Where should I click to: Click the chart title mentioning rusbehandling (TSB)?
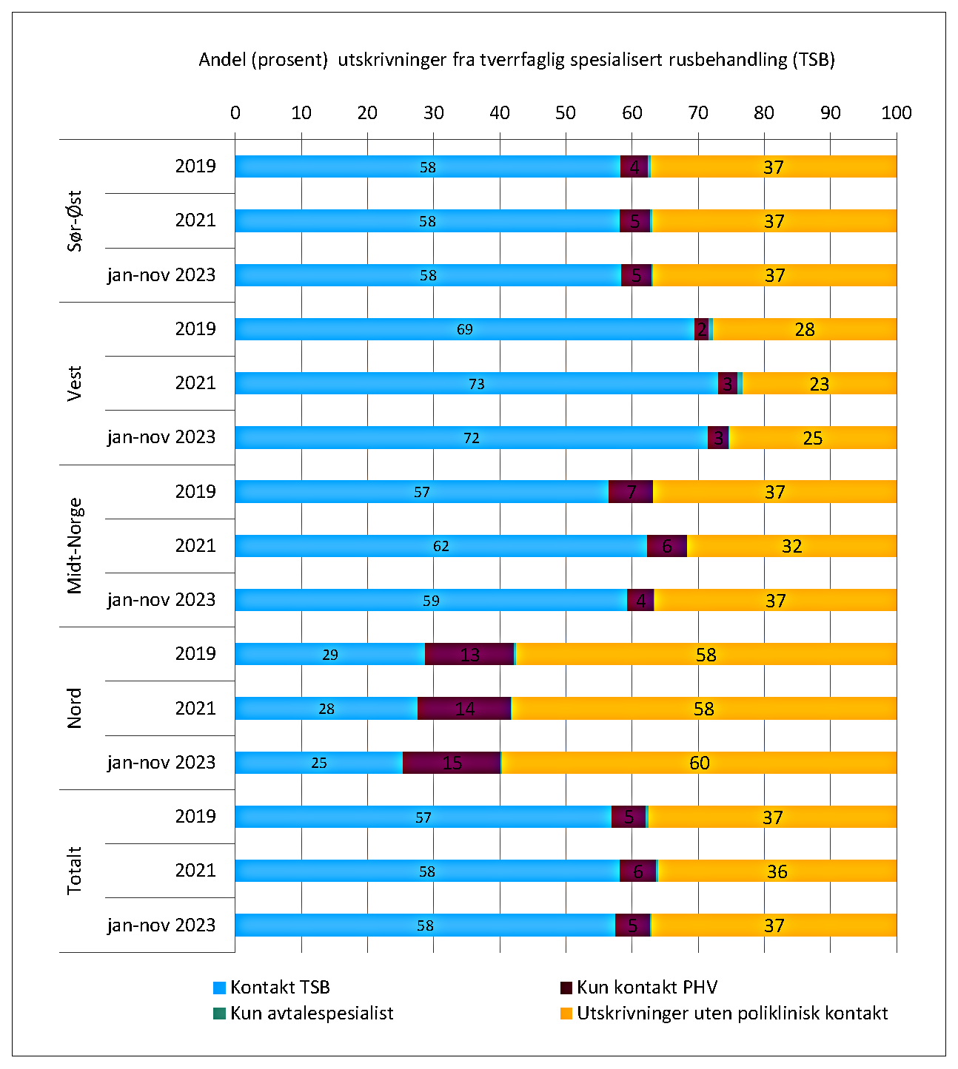pyautogui.click(x=516, y=60)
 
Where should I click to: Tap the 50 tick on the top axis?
pyautogui.click(x=566, y=113)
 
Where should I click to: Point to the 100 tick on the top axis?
pyautogui.click(x=897, y=113)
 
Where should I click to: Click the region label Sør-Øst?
pyautogui.click(x=75, y=220)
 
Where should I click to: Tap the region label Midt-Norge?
pyautogui.click(x=75, y=546)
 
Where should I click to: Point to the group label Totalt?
pyautogui.click(x=75, y=871)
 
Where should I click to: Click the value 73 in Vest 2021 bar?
pyautogui.click(x=476, y=384)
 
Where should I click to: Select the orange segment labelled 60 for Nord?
pyautogui.click(x=699, y=763)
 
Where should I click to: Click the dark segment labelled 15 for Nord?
pyautogui.click(x=452, y=763)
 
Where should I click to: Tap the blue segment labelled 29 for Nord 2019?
pyautogui.click(x=330, y=655)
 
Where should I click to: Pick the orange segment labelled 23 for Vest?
pyautogui.click(x=819, y=384)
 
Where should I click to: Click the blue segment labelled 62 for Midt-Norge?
pyautogui.click(x=441, y=546)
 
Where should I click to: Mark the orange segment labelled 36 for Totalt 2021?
pyautogui.click(x=777, y=871)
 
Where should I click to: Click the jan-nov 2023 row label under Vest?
pyautogui.click(x=161, y=437)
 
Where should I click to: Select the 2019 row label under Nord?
pyautogui.click(x=195, y=654)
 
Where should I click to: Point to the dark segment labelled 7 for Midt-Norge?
pyautogui.click(x=631, y=492)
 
